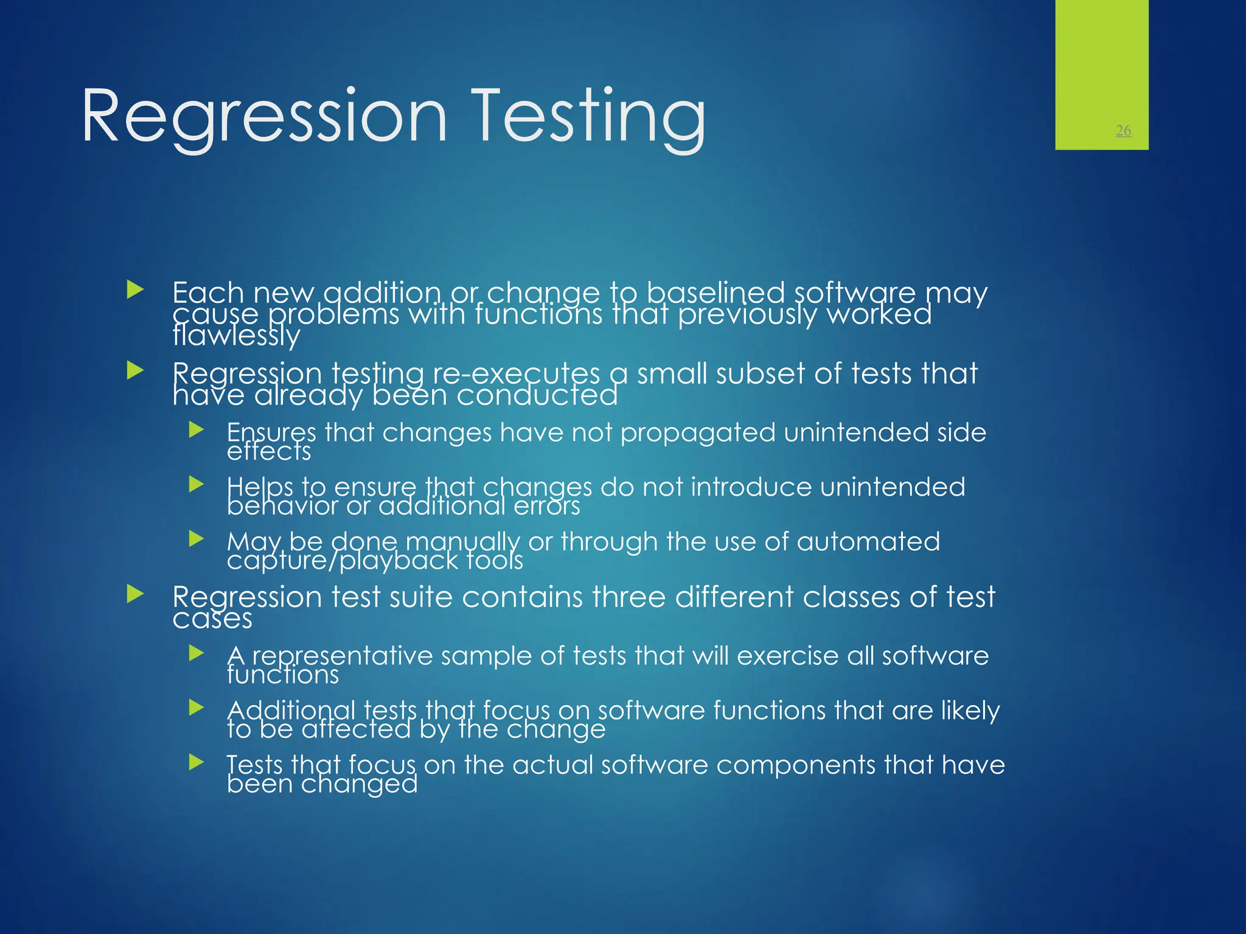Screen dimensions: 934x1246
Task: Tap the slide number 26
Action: pyautogui.click(x=1123, y=130)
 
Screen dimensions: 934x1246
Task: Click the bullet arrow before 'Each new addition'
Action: pyautogui.click(x=135, y=289)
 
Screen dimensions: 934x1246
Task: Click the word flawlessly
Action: pyautogui.click(x=236, y=335)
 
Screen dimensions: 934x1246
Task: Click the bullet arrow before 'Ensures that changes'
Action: pyautogui.click(x=196, y=430)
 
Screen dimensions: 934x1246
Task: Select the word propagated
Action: pyautogui.click(x=698, y=432)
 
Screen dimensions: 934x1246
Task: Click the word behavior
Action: pyautogui.click(x=282, y=506)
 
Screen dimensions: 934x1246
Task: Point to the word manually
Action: pyautogui.click(x=462, y=541)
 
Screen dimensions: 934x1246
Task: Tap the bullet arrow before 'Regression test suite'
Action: pyautogui.click(x=135, y=594)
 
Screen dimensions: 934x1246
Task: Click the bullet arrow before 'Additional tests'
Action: pyautogui.click(x=196, y=707)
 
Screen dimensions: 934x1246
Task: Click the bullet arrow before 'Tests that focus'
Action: pyautogui.click(x=196, y=762)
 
